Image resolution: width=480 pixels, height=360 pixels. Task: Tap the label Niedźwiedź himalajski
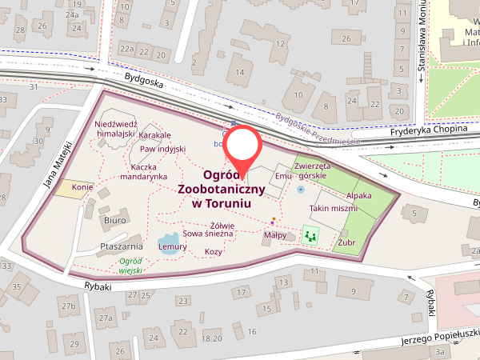tap(116, 129)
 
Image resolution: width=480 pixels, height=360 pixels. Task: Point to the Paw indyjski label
tap(162, 149)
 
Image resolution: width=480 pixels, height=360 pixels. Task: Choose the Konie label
tap(83, 188)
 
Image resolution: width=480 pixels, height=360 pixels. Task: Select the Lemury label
tap(172, 247)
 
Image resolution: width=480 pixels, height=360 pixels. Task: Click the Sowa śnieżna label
tap(208, 234)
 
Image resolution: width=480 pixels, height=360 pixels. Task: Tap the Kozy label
tap(214, 251)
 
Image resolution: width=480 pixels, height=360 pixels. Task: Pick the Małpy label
tap(275, 237)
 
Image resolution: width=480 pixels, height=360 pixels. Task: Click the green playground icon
tap(310, 236)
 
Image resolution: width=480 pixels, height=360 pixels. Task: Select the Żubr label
tap(346, 242)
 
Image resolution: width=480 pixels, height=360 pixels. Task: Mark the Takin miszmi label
tap(333, 208)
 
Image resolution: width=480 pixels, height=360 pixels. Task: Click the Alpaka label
tap(359, 194)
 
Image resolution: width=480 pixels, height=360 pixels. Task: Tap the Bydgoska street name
tap(143, 80)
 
